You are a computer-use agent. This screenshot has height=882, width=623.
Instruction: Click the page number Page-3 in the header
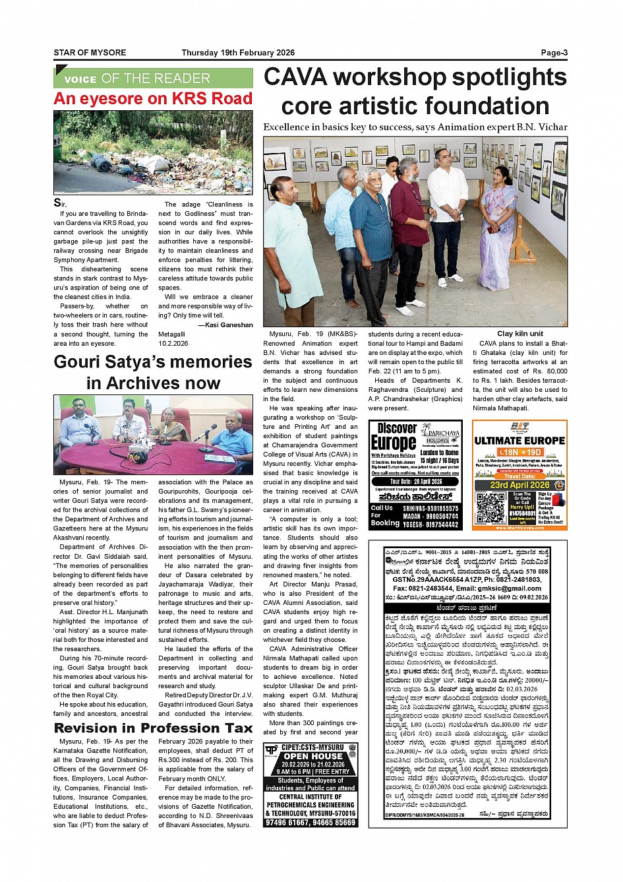pyautogui.click(x=554, y=53)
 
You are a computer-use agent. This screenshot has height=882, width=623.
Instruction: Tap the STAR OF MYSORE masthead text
pyautogui.click(x=90, y=53)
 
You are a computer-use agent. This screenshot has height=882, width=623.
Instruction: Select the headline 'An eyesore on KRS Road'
pyautogui.click(x=153, y=99)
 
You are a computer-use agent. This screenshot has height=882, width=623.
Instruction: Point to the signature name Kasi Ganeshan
pyautogui.click(x=229, y=325)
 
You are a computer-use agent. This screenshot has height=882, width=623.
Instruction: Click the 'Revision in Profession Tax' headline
pyautogui.click(x=153, y=728)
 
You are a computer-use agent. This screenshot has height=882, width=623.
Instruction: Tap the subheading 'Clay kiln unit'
pyautogui.click(x=520, y=334)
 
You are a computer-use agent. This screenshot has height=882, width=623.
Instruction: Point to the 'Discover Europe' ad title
pyautogui.click(x=394, y=437)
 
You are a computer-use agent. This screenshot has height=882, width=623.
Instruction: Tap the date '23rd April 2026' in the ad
pyautogui.click(x=519, y=485)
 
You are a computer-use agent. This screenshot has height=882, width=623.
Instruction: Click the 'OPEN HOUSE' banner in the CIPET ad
pyautogui.click(x=313, y=756)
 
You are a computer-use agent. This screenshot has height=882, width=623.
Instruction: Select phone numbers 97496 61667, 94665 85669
pyautogui.click(x=311, y=823)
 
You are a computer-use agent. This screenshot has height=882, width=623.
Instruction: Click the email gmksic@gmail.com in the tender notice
pyautogui.click(x=506, y=588)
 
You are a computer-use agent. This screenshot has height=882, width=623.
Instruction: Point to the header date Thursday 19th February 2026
pyautogui.click(x=238, y=53)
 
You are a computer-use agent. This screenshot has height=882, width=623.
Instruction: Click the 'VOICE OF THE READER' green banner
pyautogui.click(x=153, y=79)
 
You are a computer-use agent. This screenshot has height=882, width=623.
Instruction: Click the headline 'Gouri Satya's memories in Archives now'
pyautogui.click(x=153, y=372)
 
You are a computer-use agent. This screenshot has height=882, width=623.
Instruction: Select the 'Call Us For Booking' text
pyautogui.click(x=385, y=515)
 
